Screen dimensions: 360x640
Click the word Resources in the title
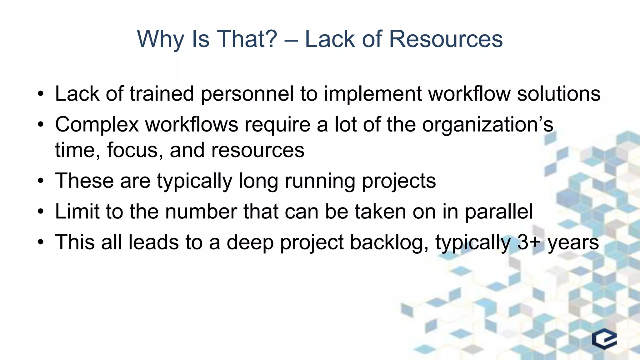[446, 39]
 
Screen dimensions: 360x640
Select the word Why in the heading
[160, 40]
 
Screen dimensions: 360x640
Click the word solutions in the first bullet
[558, 94]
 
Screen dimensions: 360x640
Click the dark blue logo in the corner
[604, 339]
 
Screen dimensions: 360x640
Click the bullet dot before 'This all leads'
[40, 243]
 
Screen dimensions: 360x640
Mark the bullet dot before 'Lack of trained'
[40, 94]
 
